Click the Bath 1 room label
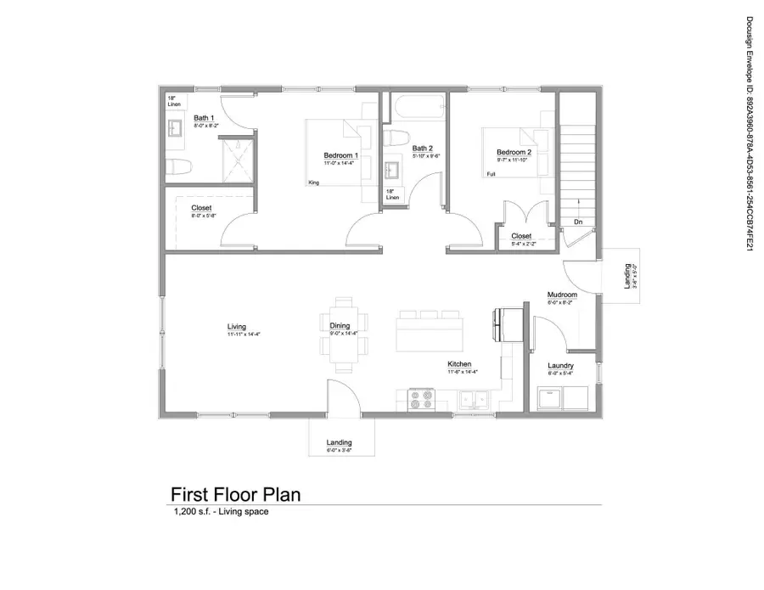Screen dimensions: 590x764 point(204,118)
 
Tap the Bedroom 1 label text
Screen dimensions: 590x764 point(340,155)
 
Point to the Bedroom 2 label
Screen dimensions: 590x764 point(514,153)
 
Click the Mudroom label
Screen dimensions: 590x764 point(562,295)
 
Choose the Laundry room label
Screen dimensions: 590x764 point(561,365)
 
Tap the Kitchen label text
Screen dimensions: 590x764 point(460,364)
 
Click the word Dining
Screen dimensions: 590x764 point(340,326)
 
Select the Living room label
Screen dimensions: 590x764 point(237,326)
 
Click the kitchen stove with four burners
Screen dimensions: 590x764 point(420,398)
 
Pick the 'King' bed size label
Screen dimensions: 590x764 point(313,183)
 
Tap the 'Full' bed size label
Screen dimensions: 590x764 point(491,174)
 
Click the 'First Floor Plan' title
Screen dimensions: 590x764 point(236,494)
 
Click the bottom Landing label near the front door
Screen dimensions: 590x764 point(339,443)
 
